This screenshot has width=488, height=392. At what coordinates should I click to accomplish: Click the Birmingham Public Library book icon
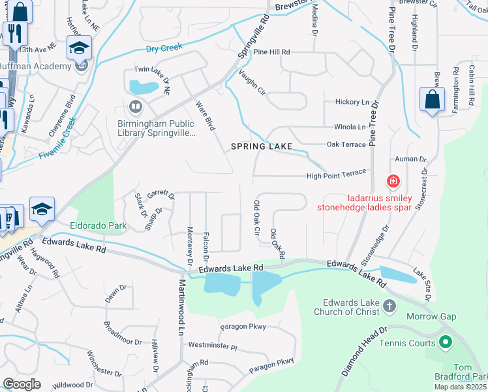(136, 105)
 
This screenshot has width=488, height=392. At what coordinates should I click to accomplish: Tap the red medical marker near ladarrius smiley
(393, 180)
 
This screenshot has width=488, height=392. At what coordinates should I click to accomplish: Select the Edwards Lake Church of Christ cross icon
(389, 305)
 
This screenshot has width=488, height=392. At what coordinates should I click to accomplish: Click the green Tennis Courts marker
(446, 342)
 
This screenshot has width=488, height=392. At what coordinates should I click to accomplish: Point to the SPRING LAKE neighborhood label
(260, 146)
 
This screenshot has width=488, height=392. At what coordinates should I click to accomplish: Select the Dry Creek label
(164, 48)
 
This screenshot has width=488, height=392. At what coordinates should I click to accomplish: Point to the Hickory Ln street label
(352, 102)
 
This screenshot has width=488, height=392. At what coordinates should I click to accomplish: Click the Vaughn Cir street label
(252, 82)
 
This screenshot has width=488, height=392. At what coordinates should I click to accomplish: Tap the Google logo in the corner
(22, 384)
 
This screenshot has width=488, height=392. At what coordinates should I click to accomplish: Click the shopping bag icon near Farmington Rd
(432, 99)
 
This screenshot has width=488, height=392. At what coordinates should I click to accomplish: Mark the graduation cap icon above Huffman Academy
(80, 48)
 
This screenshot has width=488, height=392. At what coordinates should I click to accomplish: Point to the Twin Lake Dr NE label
(152, 71)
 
